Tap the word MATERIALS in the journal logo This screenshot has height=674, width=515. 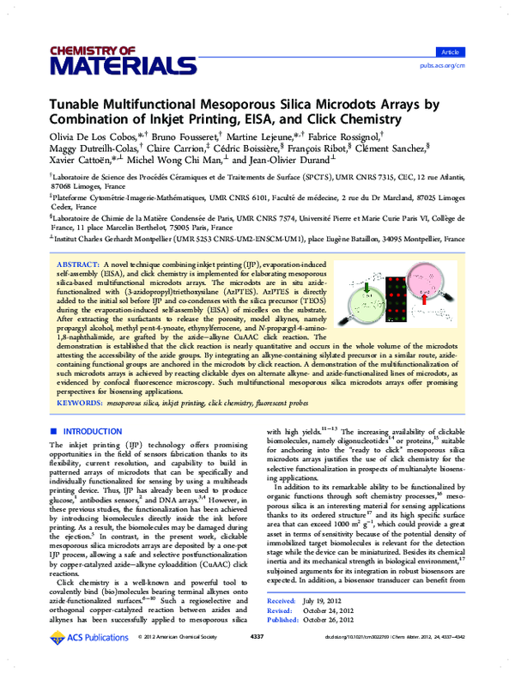coord(123,65)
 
